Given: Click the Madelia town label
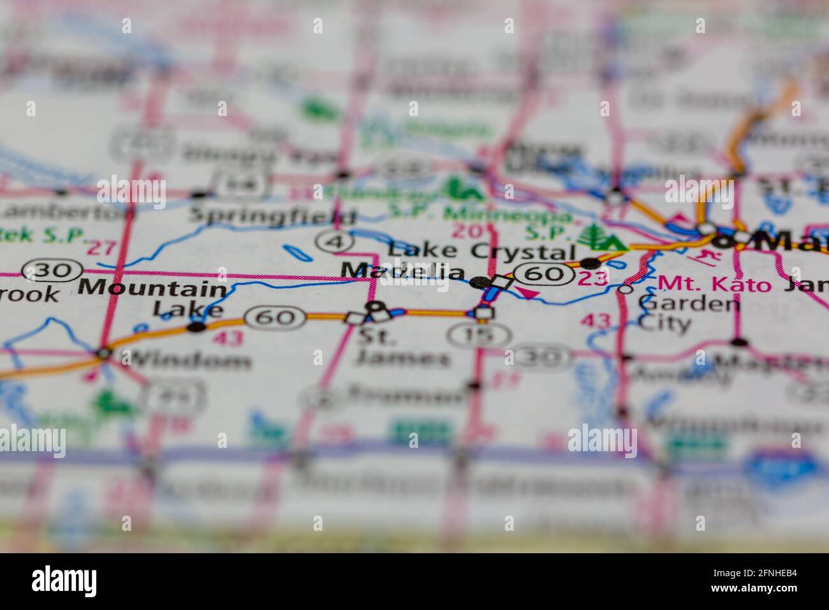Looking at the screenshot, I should coord(403,271).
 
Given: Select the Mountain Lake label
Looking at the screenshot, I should coord(153,297).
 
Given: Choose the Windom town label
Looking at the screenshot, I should coord(186,361).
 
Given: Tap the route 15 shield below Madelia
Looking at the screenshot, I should coord(479,334).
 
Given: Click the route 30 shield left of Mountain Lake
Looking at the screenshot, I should coord(52,271).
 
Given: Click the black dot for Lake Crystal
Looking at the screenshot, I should coord(590,262).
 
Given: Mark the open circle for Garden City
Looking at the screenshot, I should coord(626,289).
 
